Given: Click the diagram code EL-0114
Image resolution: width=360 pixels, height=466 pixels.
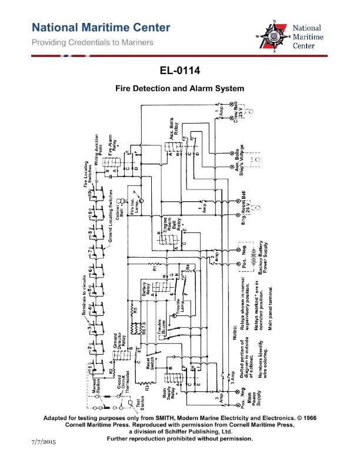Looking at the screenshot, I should pyautogui.click(x=180, y=71).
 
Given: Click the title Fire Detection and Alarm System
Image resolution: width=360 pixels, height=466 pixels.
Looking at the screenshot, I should pyautogui.click(x=179, y=89).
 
